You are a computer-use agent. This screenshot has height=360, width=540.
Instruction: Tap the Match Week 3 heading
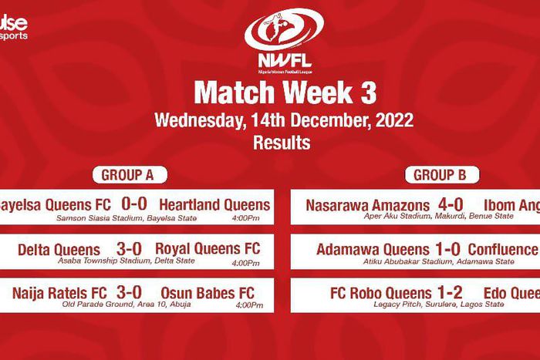285,93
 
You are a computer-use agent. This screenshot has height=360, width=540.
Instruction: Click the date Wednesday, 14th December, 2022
284,121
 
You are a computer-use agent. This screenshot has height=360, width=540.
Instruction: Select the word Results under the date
282,143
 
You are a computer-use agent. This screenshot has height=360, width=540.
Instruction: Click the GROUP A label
127,175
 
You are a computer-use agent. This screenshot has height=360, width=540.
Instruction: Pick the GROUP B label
440,175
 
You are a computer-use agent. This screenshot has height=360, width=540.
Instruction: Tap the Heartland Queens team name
214,205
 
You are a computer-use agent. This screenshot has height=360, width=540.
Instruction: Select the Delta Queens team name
59,250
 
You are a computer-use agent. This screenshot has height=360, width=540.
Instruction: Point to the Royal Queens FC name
208,249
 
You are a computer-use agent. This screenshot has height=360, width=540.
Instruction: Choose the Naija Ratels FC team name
59,293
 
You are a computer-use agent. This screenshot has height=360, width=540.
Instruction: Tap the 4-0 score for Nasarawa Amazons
449,205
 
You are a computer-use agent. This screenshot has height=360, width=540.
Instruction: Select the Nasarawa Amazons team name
367,206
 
